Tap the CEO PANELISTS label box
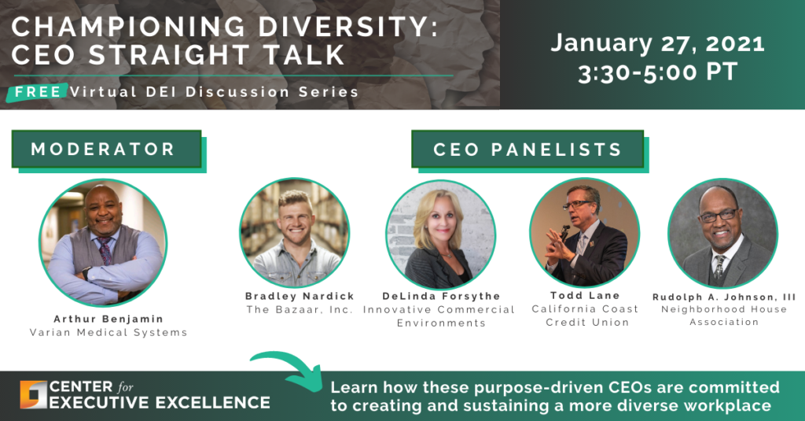pos(527,149)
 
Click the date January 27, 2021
pos(657,42)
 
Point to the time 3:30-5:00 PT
pos(657,72)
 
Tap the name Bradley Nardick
pos(299,296)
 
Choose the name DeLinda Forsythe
pos(441,296)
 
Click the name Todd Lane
pos(585,295)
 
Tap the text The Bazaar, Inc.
pos(299,309)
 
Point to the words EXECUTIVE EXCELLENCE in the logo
pos(161,403)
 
